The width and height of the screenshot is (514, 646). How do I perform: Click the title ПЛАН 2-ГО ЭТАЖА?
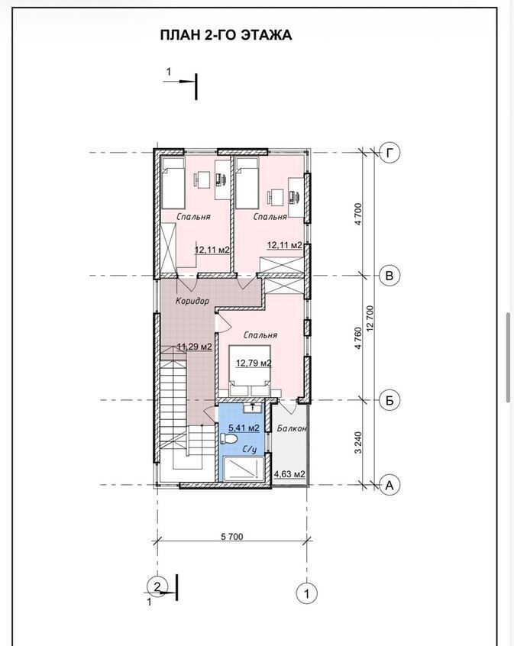click(226, 34)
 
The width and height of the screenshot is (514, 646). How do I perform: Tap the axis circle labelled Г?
click(390, 153)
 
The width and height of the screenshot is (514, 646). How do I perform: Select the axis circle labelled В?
click(390, 275)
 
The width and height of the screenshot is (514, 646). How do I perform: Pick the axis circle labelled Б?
click(390, 399)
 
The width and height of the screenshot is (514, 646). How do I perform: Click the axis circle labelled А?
click(390, 485)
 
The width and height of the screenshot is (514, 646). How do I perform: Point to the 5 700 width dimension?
click(232, 536)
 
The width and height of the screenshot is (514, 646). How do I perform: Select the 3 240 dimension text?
click(357, 442)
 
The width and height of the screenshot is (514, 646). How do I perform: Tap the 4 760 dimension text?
click(357, 338)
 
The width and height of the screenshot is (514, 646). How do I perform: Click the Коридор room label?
click(192, 301)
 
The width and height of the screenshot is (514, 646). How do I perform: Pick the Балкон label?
click(292, 428)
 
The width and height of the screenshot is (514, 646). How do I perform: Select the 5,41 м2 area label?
click(244, 428)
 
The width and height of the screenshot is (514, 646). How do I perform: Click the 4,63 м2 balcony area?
click(289, 474)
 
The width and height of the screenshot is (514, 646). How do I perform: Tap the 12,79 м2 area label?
click(253, 363)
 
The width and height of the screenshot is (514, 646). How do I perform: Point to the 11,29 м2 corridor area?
click(194, 347)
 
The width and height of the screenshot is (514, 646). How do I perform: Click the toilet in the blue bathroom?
click(227, 438)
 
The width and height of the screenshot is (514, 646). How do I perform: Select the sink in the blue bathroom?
click(252, 408)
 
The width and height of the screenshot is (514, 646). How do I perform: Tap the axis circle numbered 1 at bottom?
click(307, 593)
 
